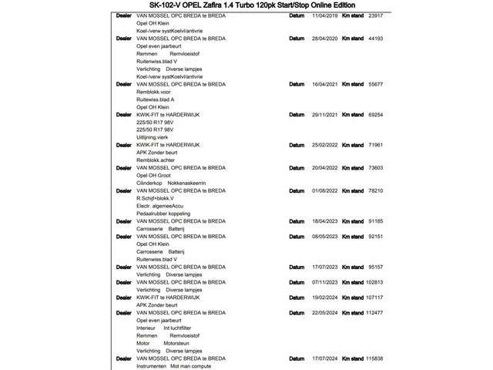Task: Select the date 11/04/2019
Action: tap(326, 15)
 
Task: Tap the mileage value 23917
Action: tap(376, 15)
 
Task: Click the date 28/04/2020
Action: tap(326, 38)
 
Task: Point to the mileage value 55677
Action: tap(376, 84)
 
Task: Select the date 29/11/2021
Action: tap(326, 114)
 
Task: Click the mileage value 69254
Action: tap(376, 114)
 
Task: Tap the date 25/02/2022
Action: tap(326, 144)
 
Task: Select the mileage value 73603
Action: tap(376, 167)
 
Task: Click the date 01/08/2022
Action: tap(326, 190)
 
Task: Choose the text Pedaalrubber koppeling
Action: tap(163, 214)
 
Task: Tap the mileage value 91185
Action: tap(376, 220)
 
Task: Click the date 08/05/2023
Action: tap(326, 236)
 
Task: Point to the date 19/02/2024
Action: tap(326, 297)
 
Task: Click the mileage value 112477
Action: tap(374, 312)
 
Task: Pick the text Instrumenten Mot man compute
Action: tap(173, 365)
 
